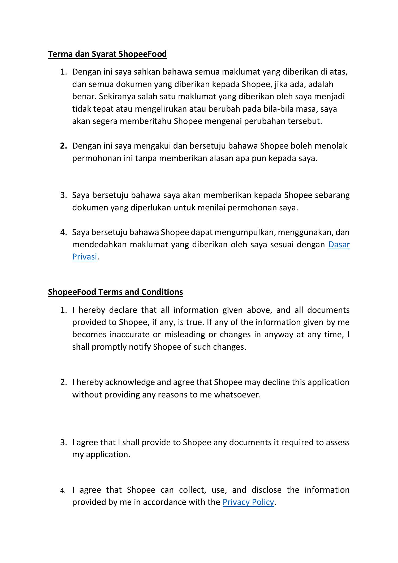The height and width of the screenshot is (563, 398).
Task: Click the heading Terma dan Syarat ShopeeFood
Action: [x=107, y=54]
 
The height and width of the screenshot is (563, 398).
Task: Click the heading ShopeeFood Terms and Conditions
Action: [x=115, y=292]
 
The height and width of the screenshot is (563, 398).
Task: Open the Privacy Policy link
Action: [x=248, y=502]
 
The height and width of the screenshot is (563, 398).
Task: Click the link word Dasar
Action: [x=339, y=244]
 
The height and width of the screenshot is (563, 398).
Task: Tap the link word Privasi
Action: [x=84, y=257]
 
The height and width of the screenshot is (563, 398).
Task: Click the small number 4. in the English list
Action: [x=63, y=491]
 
